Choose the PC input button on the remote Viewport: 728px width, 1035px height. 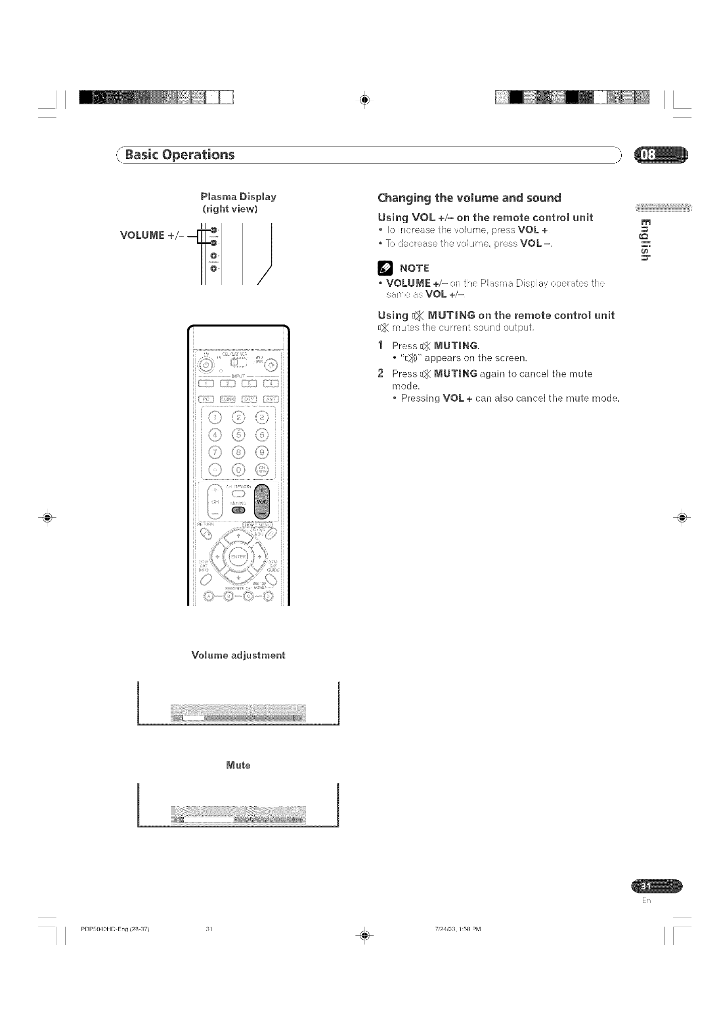tap(206, 400)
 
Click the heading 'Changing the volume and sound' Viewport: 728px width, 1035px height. tap(469, 198)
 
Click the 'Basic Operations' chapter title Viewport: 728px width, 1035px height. tap(180, 154)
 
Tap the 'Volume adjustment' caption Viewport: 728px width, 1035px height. tap(238, 655)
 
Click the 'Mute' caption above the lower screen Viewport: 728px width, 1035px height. tap(238, 765)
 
